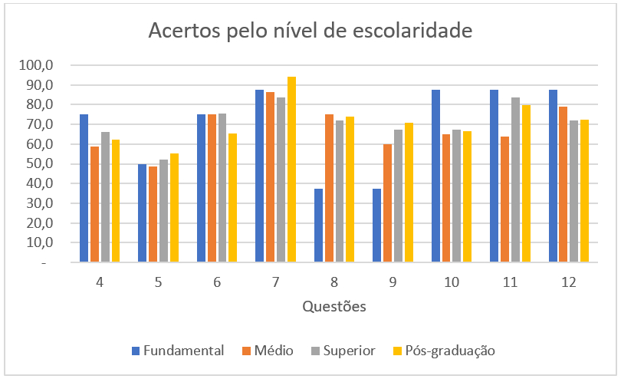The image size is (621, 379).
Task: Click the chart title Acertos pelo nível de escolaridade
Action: tap(310, 31)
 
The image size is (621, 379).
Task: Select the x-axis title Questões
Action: tap(333, 307)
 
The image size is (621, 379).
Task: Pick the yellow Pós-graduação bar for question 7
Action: tap(291, 170)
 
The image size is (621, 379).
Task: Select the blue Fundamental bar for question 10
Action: tap(436, 176)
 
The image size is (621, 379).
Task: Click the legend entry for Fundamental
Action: tap(178, 351)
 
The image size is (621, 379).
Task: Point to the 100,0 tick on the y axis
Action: tap(37, 65)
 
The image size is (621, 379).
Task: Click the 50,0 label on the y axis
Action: tap(39, 163)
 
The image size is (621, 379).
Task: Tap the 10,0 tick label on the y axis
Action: tap(39, 242)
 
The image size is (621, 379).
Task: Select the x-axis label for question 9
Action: tap(393, 282)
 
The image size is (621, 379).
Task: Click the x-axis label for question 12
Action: tap(568, 282)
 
